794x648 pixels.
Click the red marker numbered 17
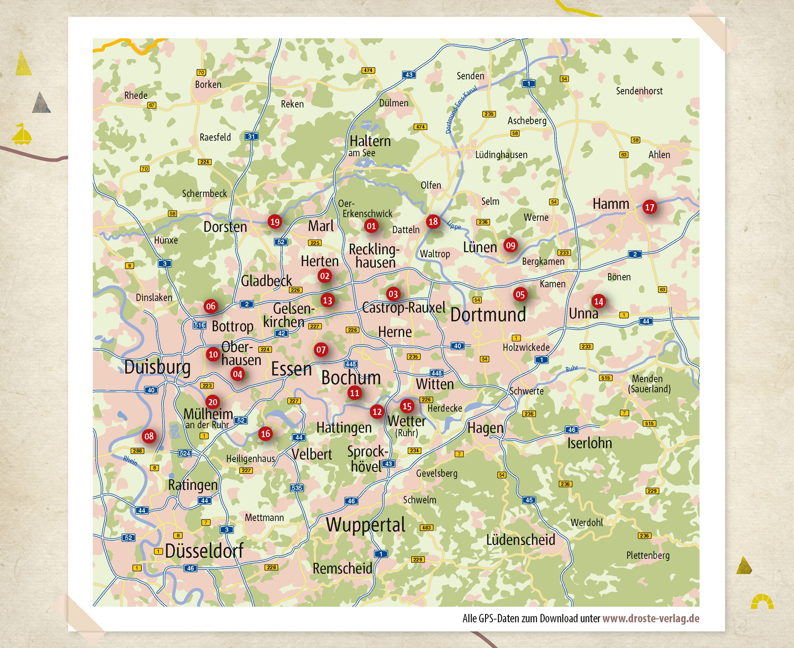coord(649,207)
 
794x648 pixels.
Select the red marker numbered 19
coord(275,222)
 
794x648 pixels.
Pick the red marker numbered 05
coord(520,294)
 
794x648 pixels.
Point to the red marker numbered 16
coord(265,433)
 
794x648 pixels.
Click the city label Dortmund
coord(488,315)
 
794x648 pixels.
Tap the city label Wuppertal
coord(365,525)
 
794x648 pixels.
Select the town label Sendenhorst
coord(639,91)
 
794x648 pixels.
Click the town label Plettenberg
coord(648,555)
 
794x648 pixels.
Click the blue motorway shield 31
coord(251,137)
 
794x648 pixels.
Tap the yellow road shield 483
coord(426,527)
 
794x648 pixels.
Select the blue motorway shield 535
coord(297,487)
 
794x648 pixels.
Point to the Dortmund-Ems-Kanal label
coord(461,110)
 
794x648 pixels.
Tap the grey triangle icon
coord(41,103)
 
